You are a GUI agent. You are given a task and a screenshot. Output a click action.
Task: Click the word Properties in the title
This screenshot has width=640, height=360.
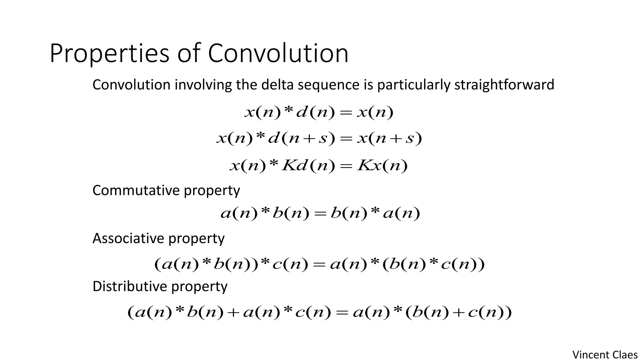click(x=109, y=54)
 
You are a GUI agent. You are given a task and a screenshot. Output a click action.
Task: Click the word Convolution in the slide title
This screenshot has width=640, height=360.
click(x=278, y=54)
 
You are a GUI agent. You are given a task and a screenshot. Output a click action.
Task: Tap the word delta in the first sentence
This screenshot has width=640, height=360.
click(x=277, y=85)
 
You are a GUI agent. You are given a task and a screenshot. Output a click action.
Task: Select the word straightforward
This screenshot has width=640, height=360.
click(x=504, y=85)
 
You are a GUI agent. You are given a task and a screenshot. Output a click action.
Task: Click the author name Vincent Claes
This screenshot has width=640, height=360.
click(x=605, y=355)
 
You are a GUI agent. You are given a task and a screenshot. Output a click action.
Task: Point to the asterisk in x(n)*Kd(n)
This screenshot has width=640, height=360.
click(x=273, y=164)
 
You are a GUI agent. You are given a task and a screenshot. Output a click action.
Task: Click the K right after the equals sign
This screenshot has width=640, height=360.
click(x=364, y=166)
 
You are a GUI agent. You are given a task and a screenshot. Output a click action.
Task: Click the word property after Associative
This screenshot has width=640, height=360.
click(x=196, y=239)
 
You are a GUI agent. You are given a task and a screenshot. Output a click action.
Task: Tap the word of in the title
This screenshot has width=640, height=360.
click(x=188, y=54)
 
